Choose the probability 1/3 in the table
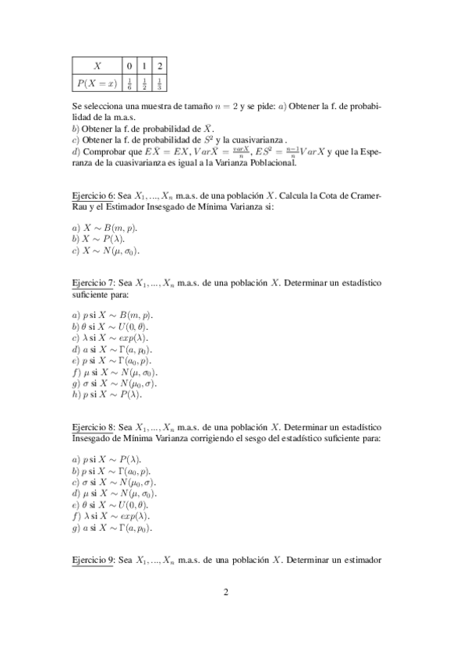coord(159,83)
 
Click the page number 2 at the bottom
coord(226,592)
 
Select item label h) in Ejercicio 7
coord(75,394)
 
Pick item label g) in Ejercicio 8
coord(75,527)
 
